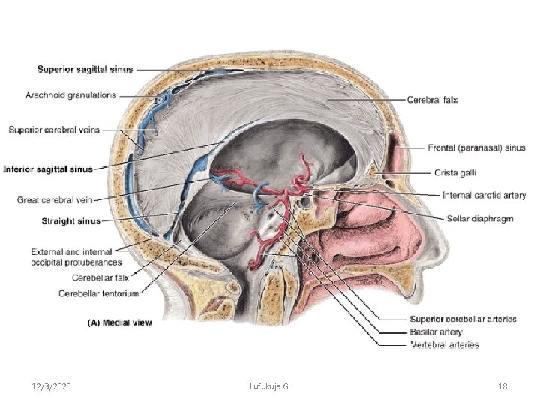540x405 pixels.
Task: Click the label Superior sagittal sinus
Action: (x=85, y=70)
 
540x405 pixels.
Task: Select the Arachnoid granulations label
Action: (x=70, y=95)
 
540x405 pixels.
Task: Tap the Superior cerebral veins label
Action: (x=54, y=130)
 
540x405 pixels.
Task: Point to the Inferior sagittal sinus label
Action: (x=48, y=169)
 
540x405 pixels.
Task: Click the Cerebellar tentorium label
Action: (x=98, y=293)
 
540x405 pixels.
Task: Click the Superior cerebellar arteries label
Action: (x=463, y=319)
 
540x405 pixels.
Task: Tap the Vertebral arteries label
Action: (x=445, y=344)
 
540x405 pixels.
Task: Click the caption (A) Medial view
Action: (x=120, y=322)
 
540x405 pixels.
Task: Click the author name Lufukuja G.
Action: (x=269, y=385)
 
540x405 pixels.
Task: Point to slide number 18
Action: (x=502, y=385)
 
